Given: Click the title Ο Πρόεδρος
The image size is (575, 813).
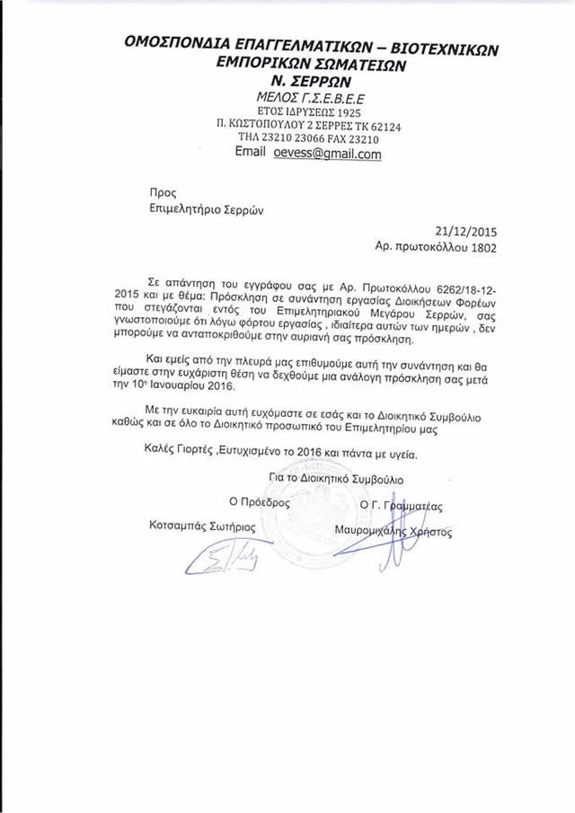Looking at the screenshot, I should [x=260, y=503].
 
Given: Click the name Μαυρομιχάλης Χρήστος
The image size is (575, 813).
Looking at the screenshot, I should [x=393, y=532].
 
